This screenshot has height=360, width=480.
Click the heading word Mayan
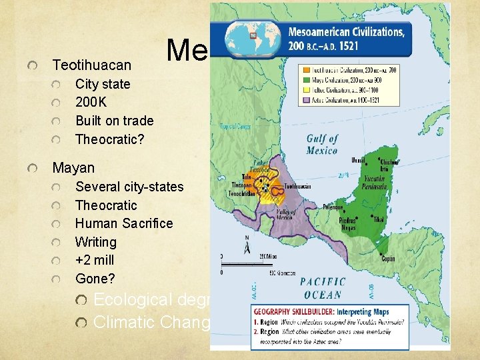point(73,167)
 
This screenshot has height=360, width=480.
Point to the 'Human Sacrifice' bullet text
point(124,223)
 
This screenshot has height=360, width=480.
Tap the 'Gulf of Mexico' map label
point(322,144)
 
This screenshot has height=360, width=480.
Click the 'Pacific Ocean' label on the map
point(322,287)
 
